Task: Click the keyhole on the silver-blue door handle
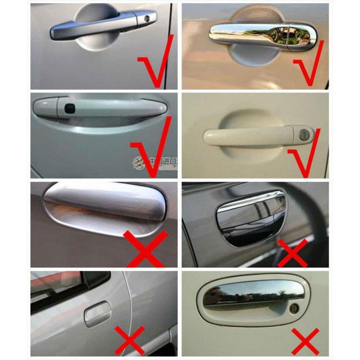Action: tap(147, 19)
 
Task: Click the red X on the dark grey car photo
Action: tap(292, 252)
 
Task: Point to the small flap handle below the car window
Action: tap(97, 313)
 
